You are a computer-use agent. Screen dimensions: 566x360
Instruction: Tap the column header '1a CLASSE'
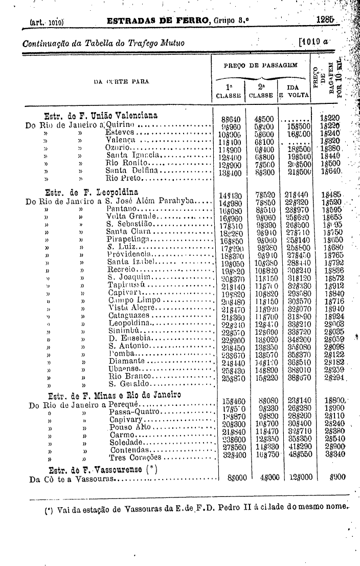point(228,91)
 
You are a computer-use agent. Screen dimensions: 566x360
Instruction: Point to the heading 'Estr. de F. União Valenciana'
point(101,115)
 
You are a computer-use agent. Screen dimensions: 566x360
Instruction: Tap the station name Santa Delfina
point(130,170)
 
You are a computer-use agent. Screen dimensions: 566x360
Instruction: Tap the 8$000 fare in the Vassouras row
point(237,477)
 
